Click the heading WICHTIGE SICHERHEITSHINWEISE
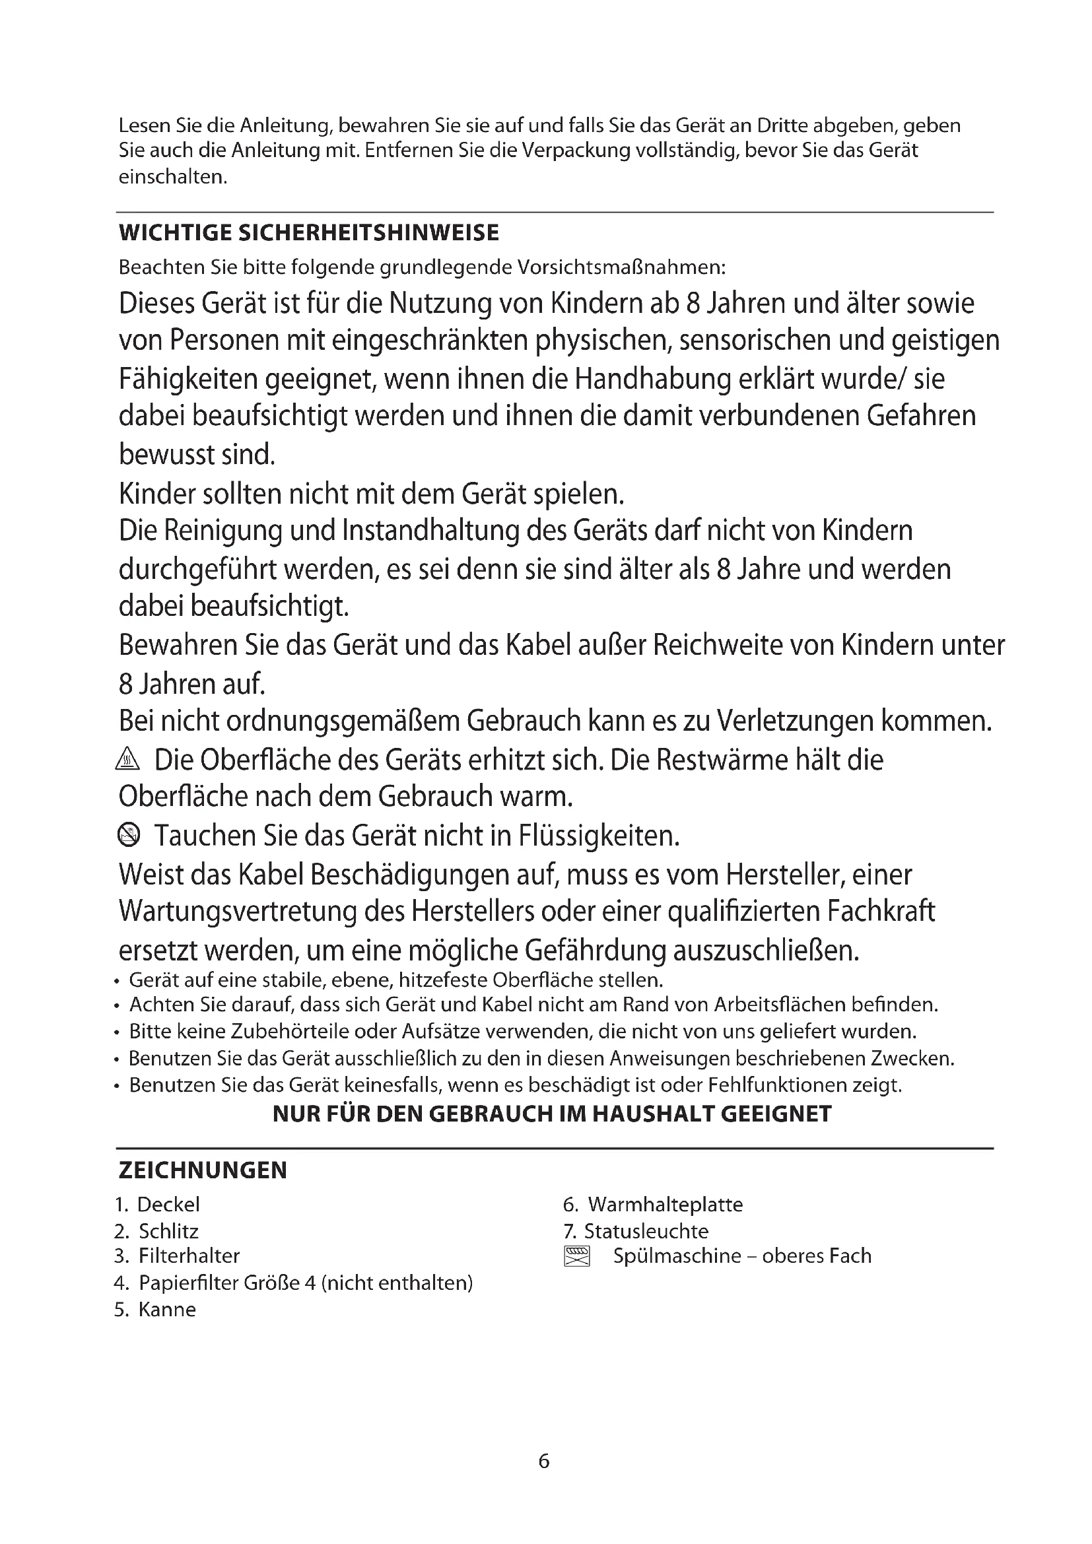pyautogui.click(x=308, y=233)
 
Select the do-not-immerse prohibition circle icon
pyautogui.click(x=128, y=835)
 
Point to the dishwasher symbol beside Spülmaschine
pyautogui.click(x=576, y=1256)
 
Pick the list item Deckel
pyautogui.click(x=168, y=1205)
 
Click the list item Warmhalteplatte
pyautogui.click(x=665, y=1205)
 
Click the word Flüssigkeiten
pyautogui.click(x=599, y=836)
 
